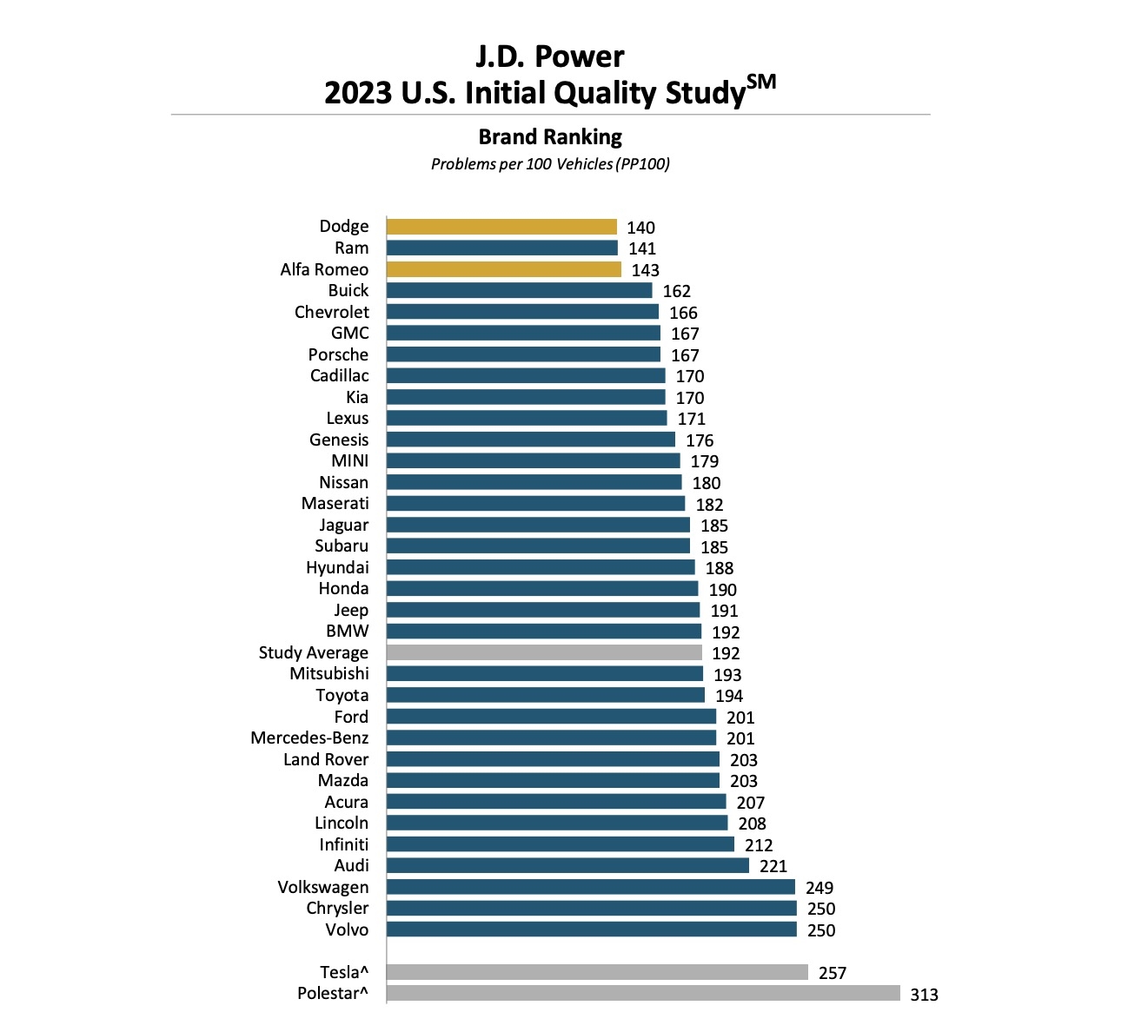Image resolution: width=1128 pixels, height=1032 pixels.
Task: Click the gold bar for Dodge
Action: (x=501, y=227)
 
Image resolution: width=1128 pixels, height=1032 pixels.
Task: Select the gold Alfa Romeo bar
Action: (x=504, y=269)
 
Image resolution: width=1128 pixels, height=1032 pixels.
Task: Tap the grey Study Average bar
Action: (x=544, y=652)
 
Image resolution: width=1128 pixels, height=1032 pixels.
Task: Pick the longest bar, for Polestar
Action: (x=643, y=993)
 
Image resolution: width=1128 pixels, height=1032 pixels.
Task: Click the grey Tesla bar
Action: (x=597, y=972)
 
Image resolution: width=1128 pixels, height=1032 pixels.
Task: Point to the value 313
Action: (x=924, y=995)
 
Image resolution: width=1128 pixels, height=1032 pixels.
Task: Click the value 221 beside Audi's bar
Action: (x=773, y=866)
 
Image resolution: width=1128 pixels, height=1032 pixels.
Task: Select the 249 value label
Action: (x=819, y=888)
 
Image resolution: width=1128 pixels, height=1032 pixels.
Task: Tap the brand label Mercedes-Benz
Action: (x=309, y=738)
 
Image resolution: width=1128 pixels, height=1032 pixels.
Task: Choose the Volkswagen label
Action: (x=322, y=887)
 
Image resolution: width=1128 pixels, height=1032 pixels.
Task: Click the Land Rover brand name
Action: (x=325, y=759)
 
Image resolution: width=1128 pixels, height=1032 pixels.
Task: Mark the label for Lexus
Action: (x=347, y=419)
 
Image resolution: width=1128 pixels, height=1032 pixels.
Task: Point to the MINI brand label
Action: (x=349, y=461)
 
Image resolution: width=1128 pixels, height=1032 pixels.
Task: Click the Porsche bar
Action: (x=523, y=354)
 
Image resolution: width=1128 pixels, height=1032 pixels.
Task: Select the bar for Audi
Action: (x=567, y=865)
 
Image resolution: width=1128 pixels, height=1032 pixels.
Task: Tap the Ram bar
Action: (x=501, y=248)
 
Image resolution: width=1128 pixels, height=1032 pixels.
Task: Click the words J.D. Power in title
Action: (x=549, y=56)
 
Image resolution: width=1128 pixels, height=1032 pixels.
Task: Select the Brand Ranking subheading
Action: (x=550, y=136)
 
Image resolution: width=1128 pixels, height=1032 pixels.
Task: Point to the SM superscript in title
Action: (x=760, y=83)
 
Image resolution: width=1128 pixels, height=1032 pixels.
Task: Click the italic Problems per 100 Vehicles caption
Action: (x=550, y=164)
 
